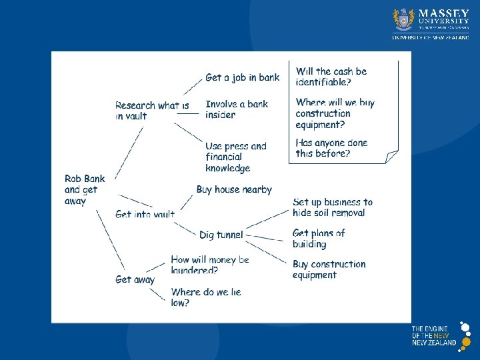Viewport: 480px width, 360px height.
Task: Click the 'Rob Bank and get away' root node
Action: tap(81, 189)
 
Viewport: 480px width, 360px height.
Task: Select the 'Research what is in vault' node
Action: tap(151, 111)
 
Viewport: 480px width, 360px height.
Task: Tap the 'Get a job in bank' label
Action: tap(242, 77)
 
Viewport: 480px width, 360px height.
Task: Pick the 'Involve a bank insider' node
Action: tap(237, 109)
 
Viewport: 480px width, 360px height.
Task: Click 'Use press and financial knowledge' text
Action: tap(235, 157)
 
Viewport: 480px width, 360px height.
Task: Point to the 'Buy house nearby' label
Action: tap(234, 190)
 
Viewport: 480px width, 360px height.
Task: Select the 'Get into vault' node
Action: tap(145, 215)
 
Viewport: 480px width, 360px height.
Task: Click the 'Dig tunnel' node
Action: tap(221, 235)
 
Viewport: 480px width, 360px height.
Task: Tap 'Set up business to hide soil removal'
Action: tap(332, 207)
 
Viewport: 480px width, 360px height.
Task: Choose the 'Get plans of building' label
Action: tap(319, 238)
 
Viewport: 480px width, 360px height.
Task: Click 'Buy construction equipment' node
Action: tap(329, 269)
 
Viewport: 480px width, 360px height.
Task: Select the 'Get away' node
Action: tap(135, 280)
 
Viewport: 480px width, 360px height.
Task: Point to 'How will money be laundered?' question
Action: tap(209, 265)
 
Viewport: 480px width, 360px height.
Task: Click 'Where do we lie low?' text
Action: tap(205, 297)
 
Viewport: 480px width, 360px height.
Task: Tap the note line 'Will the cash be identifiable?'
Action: tap(331, 77)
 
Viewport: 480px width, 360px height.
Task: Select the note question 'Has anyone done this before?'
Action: tap(331, 148)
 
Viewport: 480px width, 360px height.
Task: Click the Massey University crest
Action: tap(403, 20)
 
